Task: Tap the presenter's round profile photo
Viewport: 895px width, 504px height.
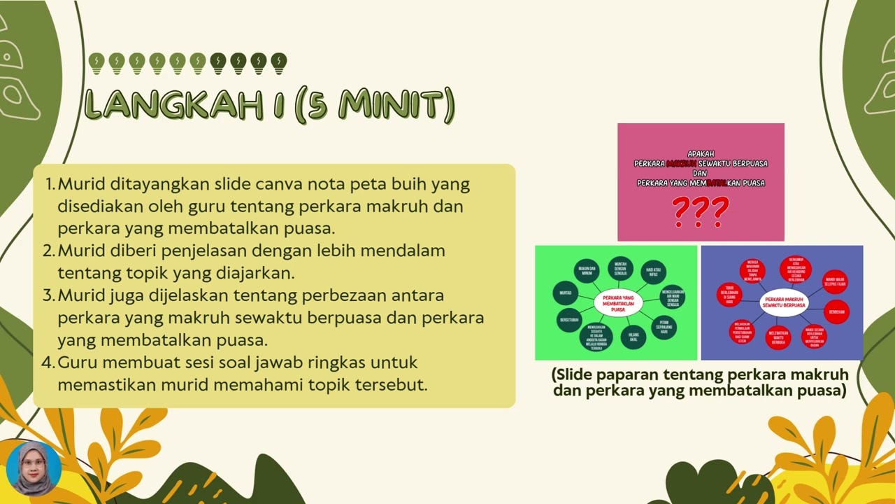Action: click(x=34, y=468)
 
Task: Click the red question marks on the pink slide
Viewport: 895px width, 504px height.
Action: click(x=700, y=211)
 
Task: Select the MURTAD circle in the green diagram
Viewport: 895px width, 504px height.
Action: click(x=565, y=293)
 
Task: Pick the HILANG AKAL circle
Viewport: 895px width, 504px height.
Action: click(x=633, y=337)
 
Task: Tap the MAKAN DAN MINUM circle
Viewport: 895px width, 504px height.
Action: click(x=587, y=272)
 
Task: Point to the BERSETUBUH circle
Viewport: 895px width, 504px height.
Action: click(x=568, y=320)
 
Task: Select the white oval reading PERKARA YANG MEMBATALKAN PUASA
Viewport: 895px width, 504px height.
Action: click(x=617, y=303)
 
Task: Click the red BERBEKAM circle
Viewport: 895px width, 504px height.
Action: click(x=836, y=311)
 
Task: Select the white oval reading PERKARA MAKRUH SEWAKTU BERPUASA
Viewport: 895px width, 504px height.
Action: click(x=783, y=302)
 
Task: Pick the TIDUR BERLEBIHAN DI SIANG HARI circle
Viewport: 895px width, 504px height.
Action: click(x=729, y=295)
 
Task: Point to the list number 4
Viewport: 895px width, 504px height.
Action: click(x=48, y=363)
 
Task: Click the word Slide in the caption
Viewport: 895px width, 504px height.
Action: click(x=580, y=374)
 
